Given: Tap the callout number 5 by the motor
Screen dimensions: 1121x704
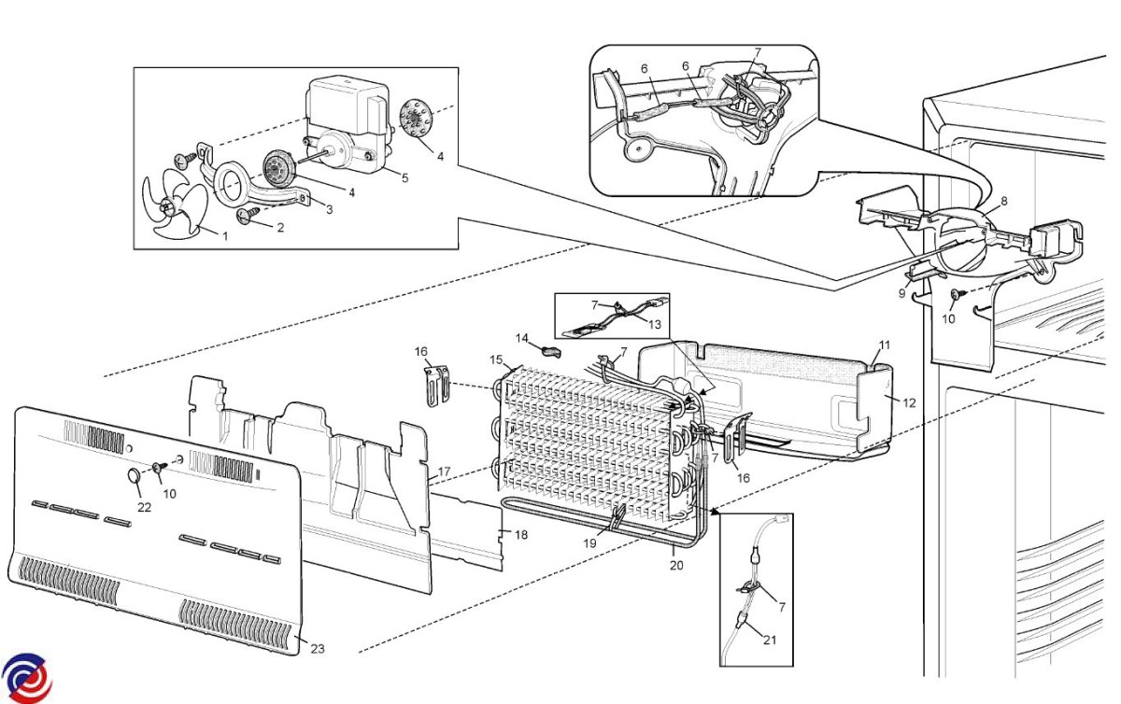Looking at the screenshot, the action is pyautogui.click(x=404, y=177).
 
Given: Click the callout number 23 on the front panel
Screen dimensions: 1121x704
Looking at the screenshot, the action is pyautogui.click(x=318, y=649).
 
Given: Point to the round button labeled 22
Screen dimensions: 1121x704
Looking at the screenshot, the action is pyautogui.click(x=135, y=475).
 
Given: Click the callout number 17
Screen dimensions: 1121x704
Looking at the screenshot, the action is pyautogui.click(x=444, y=472).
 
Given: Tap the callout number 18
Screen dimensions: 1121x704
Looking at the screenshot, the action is pyautogui.click(x=521, y=535).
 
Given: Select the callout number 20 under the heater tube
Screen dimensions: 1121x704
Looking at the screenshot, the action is pyautogui.click(x=676, y=565).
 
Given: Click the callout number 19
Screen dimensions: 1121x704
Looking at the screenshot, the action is pyautogui.click(x=590, y=542).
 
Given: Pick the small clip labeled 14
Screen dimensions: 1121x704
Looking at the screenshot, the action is pyautogui.click(x=551, y=351).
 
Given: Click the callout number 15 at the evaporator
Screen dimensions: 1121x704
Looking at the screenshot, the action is pyautogui.click(x=496, y=359).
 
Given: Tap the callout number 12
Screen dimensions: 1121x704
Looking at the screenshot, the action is pyautogui.click(x=909, y=402).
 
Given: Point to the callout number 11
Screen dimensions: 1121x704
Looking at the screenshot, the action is pyautogui.click(x=885, y=345).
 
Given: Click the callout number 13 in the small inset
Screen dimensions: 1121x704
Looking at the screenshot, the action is pyautogui.click(x=655, y=325).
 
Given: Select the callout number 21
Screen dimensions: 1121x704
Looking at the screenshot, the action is pyautogui.click(x=769, y=640).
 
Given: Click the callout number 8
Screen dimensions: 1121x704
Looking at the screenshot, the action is pyautogui.click(x=1004, y=201).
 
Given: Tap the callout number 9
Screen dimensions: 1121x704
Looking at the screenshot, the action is pyautogui.click(x=901, y=293).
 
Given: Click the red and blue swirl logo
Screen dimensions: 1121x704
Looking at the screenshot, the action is pyautogui.click(x=26, y=678).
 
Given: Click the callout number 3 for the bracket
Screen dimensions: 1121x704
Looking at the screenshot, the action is pyautogui.click(x=329, y=210).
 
